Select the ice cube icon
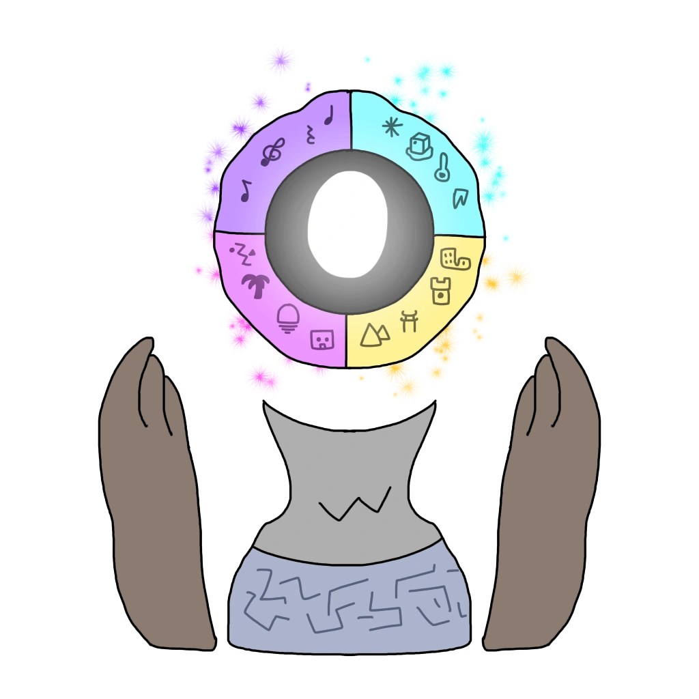(x=420, y=146)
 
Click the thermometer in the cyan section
(x=444, y=167)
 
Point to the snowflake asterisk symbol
(x=391, y=126)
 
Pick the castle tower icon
(x=441, y=290)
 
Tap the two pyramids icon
(x=374, y=332)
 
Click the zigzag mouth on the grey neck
(x=356, y=504)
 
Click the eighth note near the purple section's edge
(x=246, y=189)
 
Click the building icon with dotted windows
(x=455, y=259)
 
